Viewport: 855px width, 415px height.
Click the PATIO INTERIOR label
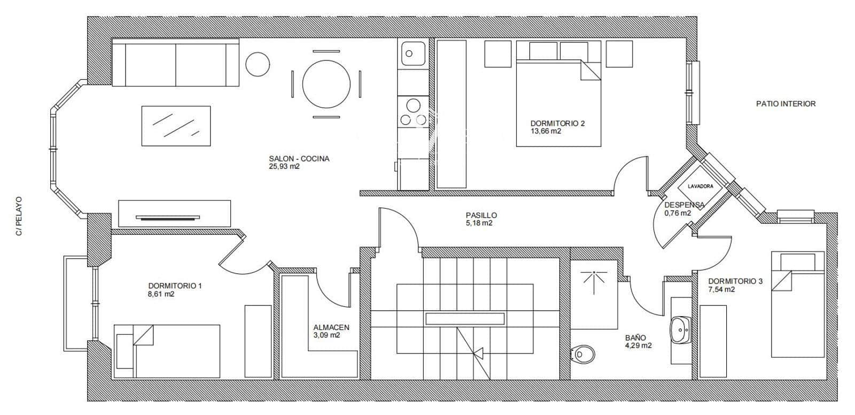coord(786,104)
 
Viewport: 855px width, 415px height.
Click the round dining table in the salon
coord(327,84)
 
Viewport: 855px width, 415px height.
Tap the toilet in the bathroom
coord(582,353)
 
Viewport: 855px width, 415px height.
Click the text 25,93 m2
coord(284,166)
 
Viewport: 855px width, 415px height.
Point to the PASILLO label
coord(481,216)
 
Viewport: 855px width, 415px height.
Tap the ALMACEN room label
coord(331,328)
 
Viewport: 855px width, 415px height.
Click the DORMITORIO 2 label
coord(557,124)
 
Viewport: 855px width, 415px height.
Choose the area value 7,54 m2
coord(721,289)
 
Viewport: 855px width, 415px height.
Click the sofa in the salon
coord(175,63)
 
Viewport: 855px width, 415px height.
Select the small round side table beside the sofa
coord(258,64)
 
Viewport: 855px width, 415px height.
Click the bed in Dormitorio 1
coord(168,350)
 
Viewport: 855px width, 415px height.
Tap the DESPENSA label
coord(684,205)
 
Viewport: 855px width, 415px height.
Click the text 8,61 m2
coord(161,294)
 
